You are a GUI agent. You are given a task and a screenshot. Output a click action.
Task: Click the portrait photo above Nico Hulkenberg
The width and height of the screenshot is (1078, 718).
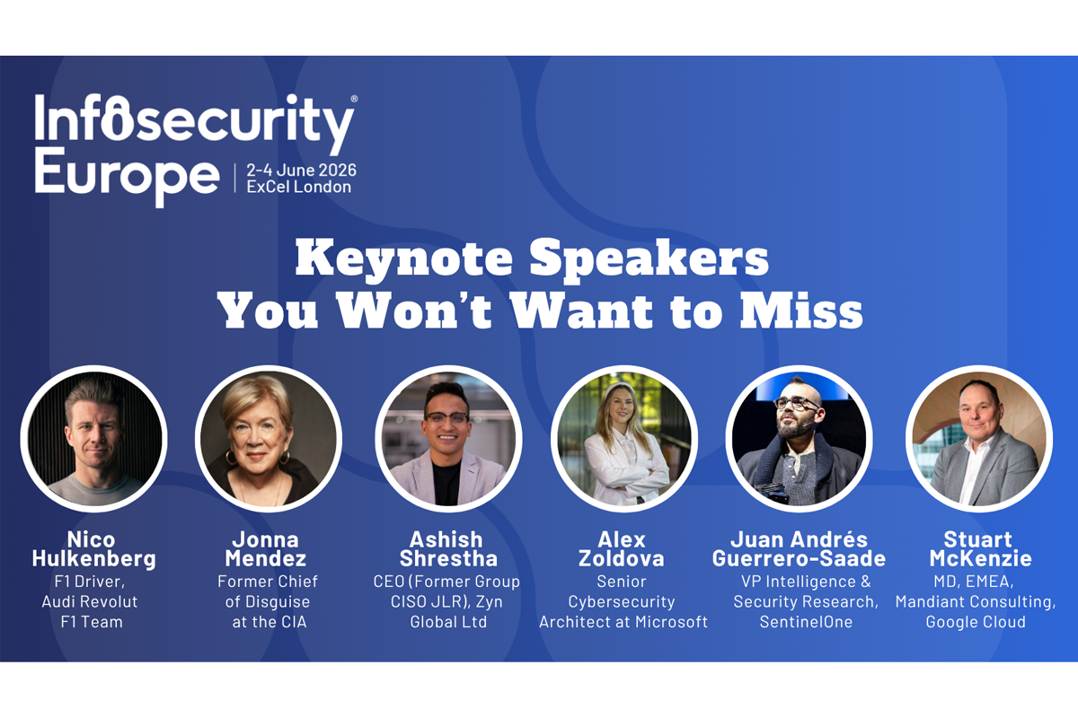tap(93, 439)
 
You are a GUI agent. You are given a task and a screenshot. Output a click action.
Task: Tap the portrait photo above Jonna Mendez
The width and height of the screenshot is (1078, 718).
tap(269, 439)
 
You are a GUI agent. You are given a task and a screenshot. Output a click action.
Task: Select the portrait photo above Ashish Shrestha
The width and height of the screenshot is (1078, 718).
tap(448, 439)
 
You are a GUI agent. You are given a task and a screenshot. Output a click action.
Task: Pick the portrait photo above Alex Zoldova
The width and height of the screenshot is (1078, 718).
tap(624, 439)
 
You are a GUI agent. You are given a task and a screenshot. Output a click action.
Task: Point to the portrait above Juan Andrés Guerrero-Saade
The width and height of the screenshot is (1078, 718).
tap(800, 439)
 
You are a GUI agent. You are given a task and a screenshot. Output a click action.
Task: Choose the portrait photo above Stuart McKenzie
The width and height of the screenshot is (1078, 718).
tap(979, 439)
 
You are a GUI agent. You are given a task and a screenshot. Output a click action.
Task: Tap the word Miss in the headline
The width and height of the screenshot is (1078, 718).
tap(801, 311)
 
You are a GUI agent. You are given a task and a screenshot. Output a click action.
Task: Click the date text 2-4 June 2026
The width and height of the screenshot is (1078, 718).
tap(302, 170)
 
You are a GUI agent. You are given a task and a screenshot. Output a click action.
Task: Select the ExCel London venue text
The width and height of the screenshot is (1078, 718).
tap(299, 187)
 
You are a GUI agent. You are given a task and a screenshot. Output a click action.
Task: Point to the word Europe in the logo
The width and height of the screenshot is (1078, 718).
tap(127, 177)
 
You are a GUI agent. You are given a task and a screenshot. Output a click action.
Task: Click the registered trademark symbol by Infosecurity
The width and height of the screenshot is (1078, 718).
tap(354, 99)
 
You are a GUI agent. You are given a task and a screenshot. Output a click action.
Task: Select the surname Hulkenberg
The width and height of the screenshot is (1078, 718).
tap(93, 559)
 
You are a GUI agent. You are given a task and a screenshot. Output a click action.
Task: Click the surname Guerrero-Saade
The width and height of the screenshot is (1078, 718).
tap(799, 559)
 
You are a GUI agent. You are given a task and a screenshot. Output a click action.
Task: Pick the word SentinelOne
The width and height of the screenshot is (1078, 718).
tap(806, 622)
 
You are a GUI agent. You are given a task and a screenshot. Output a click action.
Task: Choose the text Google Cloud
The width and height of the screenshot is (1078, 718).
tap(976, 622)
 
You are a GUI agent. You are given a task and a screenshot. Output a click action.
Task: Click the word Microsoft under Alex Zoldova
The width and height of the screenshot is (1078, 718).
tap(671, 622)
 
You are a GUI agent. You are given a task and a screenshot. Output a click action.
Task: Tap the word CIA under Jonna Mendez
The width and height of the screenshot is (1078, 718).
tap(292, 622)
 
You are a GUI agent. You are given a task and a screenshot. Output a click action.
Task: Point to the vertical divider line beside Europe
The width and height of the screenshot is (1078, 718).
tap(234, 178)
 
